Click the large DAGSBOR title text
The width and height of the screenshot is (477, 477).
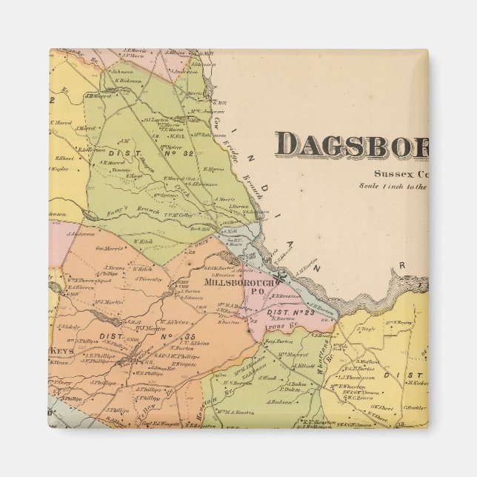pos(351,145)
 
